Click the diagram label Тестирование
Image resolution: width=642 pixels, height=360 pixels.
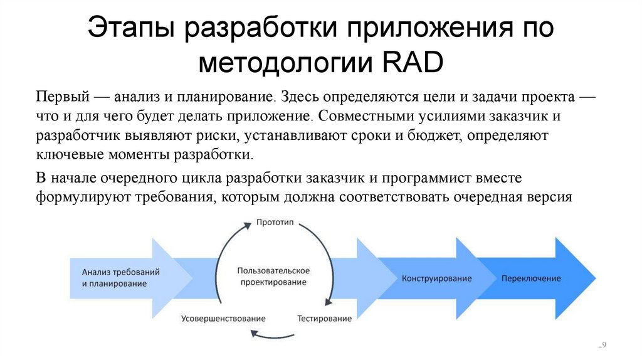pyautogui.click(x=324, y=319)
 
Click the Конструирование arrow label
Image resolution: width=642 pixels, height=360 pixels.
pyautogui.click(x=437, y=278)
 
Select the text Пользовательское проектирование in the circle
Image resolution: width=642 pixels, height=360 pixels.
pyautogui.click(x=273, y=277)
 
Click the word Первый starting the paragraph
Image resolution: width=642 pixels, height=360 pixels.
pyautogui.click(x=61, y=98)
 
